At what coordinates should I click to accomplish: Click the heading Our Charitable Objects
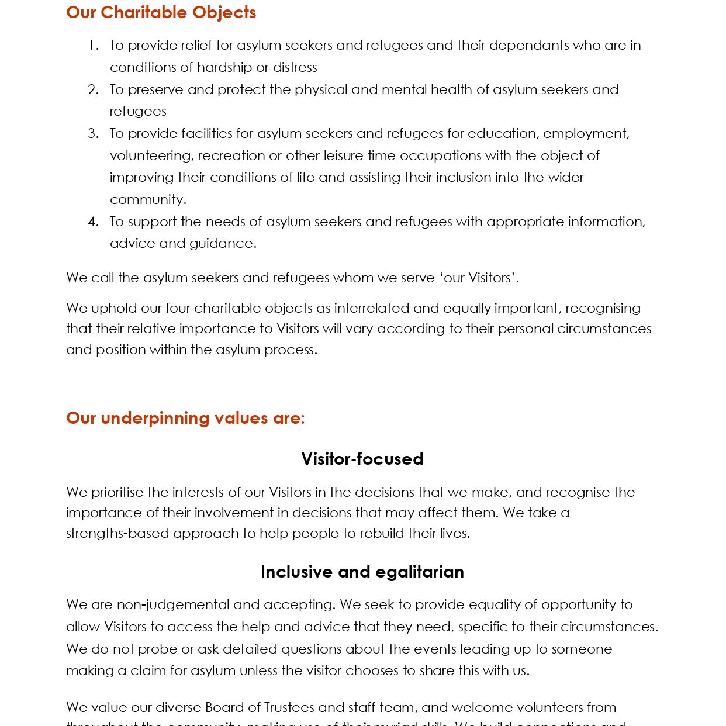tap(161, 12)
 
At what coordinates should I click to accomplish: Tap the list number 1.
tap(93, 45)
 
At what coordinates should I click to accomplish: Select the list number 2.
tap(93, 89)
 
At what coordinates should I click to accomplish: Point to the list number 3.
tap(93, 133)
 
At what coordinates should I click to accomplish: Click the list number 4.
tap(93, 222)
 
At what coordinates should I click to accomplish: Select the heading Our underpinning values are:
tap(185, 418)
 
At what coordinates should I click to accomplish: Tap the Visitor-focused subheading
tap(362, 459)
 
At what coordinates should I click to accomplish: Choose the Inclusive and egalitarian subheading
tap(362, 572)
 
